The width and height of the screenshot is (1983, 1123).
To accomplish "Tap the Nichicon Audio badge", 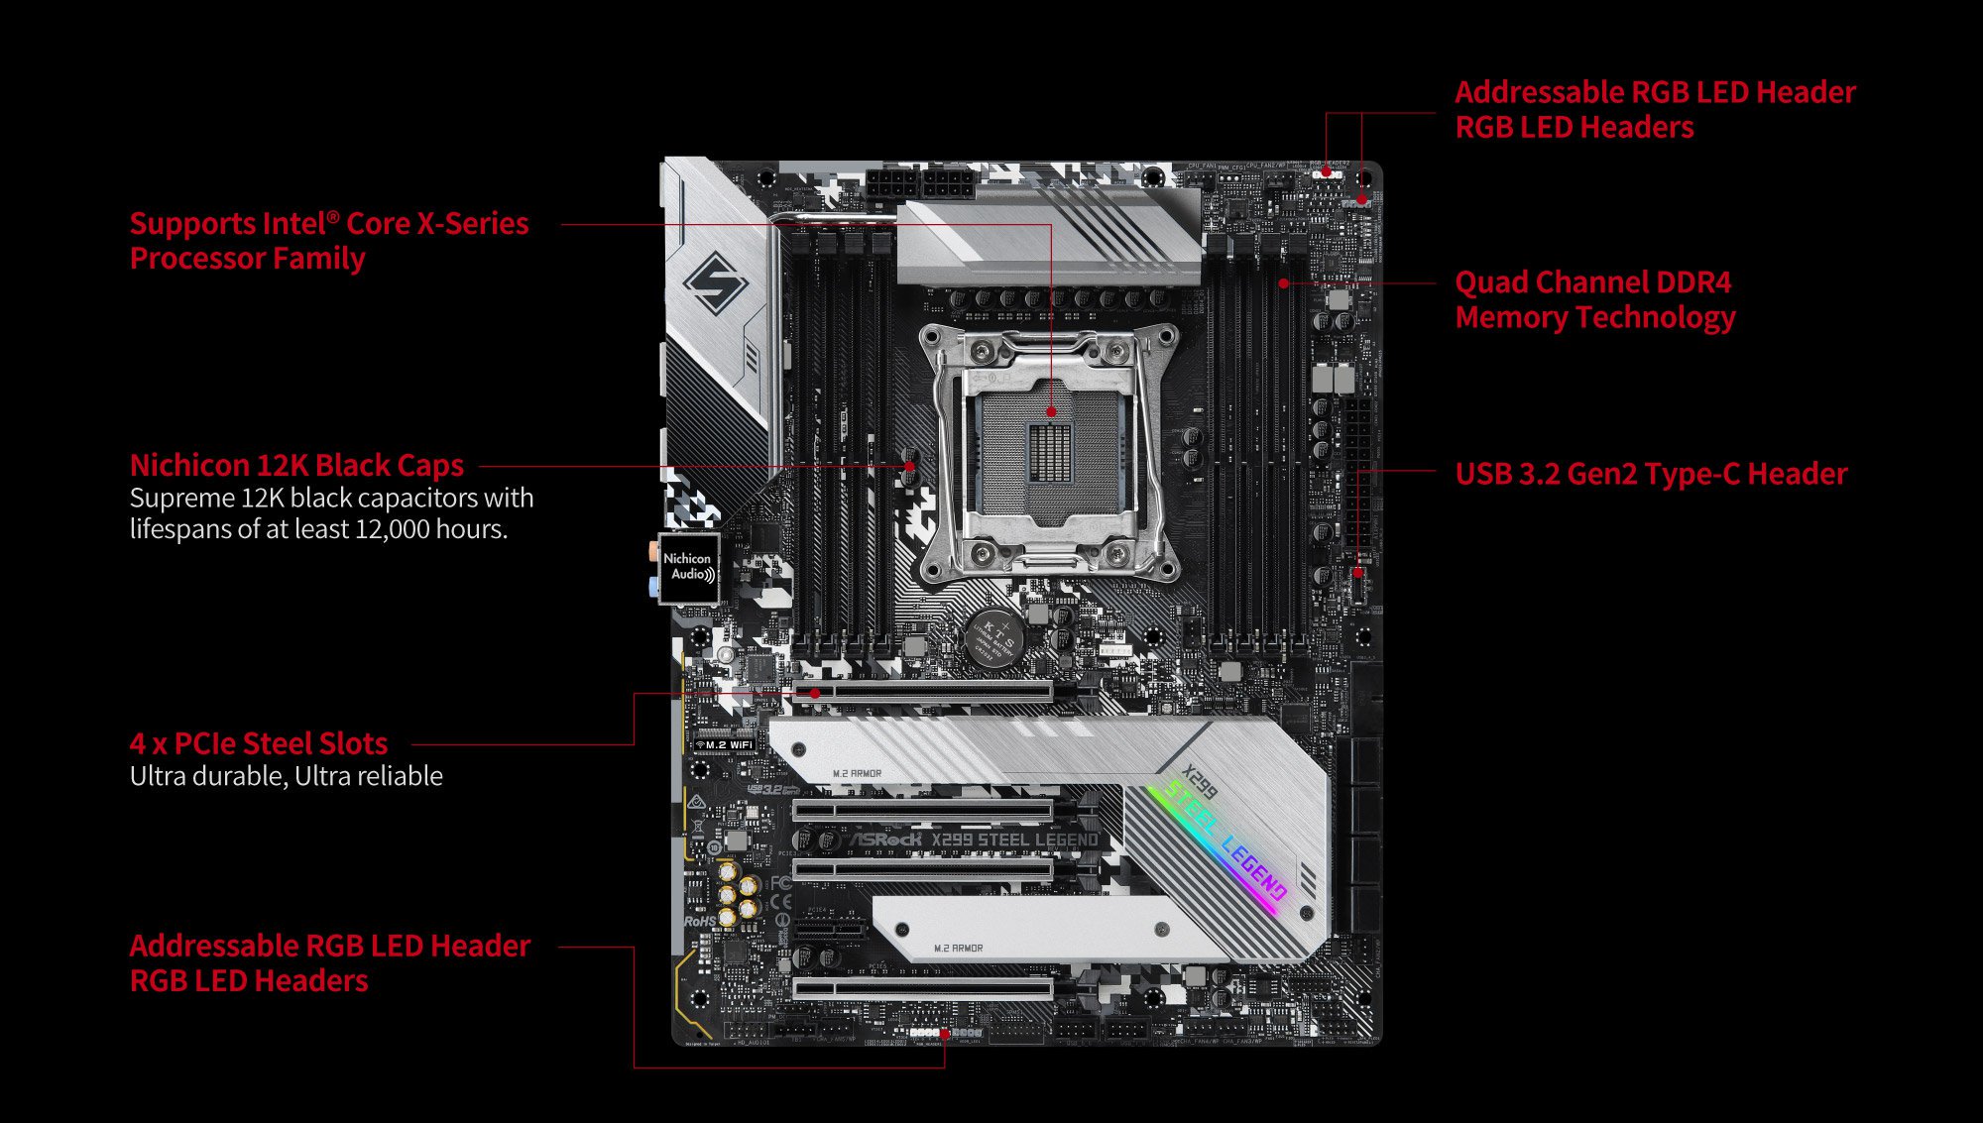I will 689,568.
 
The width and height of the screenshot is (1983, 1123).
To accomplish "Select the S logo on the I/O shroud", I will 716,282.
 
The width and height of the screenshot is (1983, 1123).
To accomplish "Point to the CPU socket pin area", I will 1051,446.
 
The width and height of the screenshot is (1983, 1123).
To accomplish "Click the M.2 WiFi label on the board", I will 725,744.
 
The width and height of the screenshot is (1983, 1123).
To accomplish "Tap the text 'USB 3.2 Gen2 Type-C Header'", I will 1651,474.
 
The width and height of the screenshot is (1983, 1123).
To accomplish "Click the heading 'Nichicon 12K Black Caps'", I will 296,465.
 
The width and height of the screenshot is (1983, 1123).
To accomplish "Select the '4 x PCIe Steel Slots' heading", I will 259,743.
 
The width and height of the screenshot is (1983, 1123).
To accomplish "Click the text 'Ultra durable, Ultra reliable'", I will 287,776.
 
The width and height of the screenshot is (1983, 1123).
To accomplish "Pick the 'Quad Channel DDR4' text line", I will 1592,282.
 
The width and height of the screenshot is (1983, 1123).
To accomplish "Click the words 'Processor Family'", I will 248,259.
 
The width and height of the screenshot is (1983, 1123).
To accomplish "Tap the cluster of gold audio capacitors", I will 738,894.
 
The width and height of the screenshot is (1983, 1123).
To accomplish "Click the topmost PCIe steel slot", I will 922,691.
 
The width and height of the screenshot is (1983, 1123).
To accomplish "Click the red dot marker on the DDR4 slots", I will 1284,283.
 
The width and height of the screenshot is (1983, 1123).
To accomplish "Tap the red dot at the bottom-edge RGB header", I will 945,1034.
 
